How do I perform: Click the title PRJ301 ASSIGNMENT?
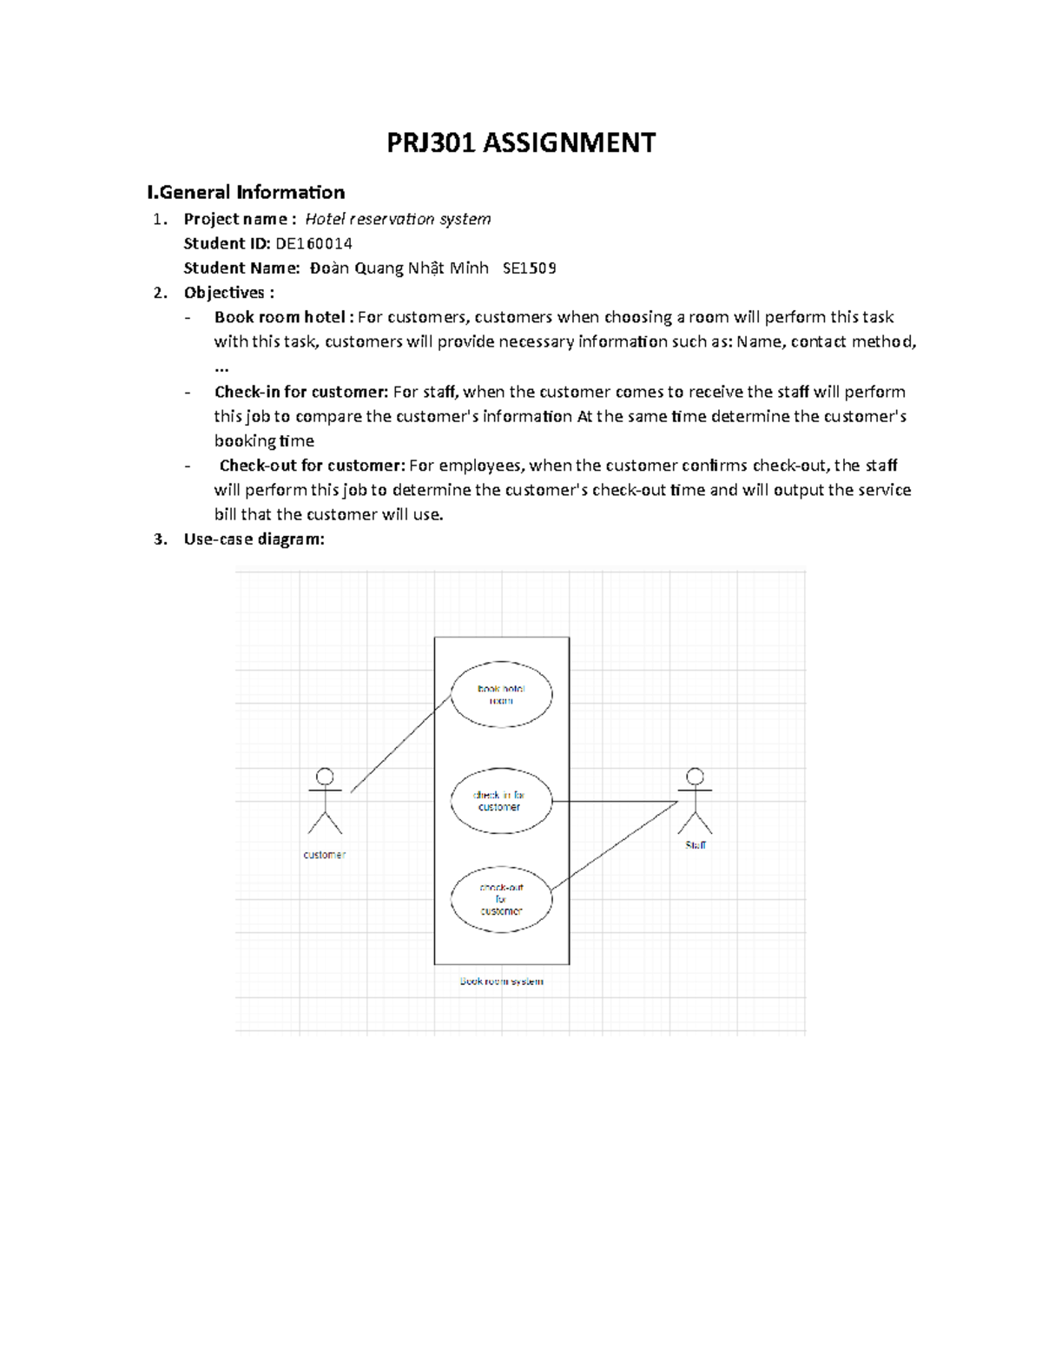pyautogui.click(x=521, y=142)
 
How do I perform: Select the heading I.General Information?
pyautogui.click(x=246, y=192)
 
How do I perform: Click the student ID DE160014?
pyautogui.click(x=313, y=243)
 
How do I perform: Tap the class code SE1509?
pyautogui.click(x=529, y=268)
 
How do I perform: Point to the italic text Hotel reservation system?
pyautogui.click(x=398, y=219)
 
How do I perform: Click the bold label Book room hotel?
pyautogui.click(x=280, y=317)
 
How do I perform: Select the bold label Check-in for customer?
pyautogui.click(x=301, y=392)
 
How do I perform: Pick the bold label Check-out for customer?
pyautogui.click(x=312, y=466)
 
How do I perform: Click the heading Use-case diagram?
pyautogui.click(x=254, y=539)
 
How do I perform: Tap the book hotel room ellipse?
pyautogui.click(x=501, y=695)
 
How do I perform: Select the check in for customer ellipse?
pyautogui.click(x=500, y=801)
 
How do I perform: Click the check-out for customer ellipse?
pyautogui.click(x=501, y=899)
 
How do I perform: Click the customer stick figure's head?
pyautogui.click(x=325, y=777)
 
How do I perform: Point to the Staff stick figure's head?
pyautogui.click(x=695, y=777)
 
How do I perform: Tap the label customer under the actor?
pyautogui.click(x=324, y=855)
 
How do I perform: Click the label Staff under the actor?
pyautogui.click(x=696, y=844)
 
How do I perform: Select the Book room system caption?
pyautogui.click(x=501, y=982)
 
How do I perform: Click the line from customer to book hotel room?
pyautogui.click(x=400, y=744)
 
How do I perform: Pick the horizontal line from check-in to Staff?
pyautogui.click(x=614, y=801)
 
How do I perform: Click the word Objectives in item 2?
pyautogui.click(x=224, y=293)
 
